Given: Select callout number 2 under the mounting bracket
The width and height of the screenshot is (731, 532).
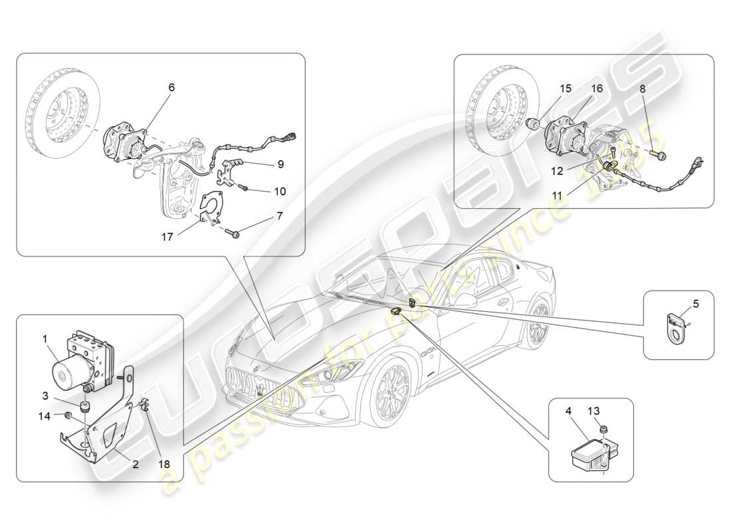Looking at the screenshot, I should point(135,465).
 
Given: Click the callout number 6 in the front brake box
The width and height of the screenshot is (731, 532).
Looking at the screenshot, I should point(171,88).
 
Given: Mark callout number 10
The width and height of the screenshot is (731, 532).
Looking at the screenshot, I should point(280,191).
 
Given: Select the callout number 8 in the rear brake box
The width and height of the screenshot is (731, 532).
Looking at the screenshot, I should point(643,88).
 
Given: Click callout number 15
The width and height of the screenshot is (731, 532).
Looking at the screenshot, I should point(565,88).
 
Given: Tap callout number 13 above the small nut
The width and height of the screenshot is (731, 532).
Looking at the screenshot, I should point(593,412).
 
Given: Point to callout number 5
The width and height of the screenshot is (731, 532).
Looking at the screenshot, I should point(696,304).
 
